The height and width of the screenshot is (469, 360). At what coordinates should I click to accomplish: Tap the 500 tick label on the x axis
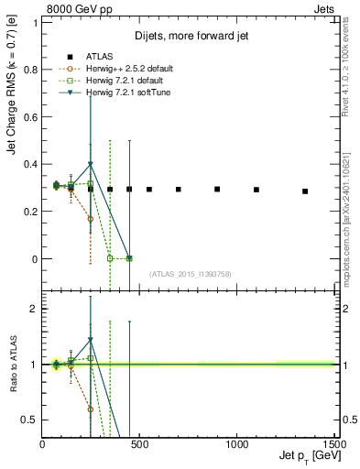pos(139,442)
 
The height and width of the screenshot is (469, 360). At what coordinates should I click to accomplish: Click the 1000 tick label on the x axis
pos(237,442)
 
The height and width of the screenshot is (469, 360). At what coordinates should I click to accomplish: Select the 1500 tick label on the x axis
pos(333,442)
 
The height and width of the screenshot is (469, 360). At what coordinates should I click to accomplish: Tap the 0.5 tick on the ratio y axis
pos(30,420)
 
